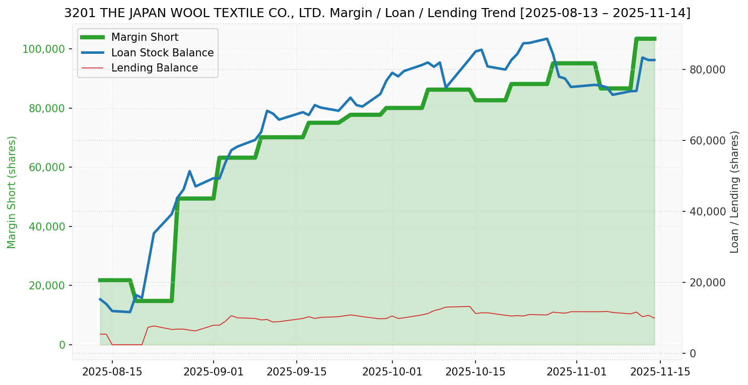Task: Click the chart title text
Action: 377,13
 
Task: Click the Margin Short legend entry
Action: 145,37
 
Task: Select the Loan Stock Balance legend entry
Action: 162,53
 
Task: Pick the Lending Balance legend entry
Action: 154,68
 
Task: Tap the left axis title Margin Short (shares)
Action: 12,192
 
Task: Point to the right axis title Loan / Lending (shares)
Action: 735,192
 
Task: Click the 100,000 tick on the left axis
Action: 44,49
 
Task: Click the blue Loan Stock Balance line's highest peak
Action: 547,39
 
